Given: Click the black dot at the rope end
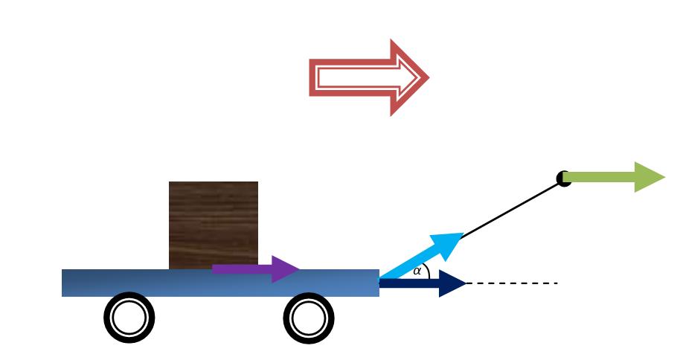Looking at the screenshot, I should pos(563,179).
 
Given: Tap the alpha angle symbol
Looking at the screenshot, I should pos(417,271).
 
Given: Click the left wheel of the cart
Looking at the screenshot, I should pos(129,318).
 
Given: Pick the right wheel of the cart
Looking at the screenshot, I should pos(309,318).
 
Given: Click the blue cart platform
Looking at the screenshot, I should pos(149,283).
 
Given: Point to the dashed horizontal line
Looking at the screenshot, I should pos(513,283).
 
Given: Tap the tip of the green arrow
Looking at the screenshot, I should pos(662,177).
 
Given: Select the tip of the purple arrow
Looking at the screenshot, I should pos(298,269).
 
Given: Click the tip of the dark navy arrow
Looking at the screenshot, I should pos(464,283).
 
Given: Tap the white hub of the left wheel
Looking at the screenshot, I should pos(129,318).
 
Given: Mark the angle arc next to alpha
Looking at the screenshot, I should pos(427,271).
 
